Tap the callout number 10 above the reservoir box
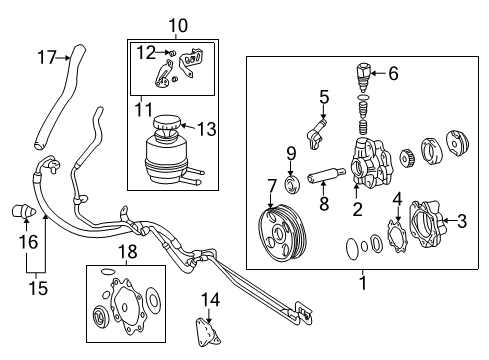point(177,24)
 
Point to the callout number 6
point(393,72)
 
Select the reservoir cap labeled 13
point(169,128)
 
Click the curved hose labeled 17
point(50,95)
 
